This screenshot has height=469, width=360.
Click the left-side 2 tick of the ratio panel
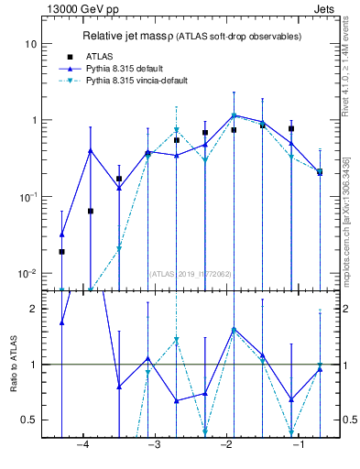tap(35, 309)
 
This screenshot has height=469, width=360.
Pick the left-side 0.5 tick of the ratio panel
tap(31, 420)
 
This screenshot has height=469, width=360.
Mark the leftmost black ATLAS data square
tap(61, 251)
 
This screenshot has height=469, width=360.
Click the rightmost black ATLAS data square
tap(320, 171)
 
